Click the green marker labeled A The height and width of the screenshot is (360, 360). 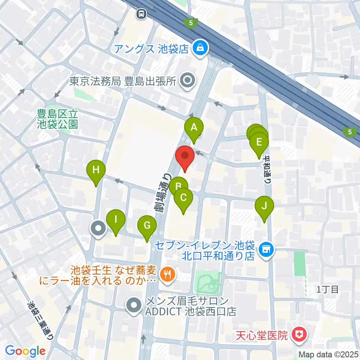point(194,128)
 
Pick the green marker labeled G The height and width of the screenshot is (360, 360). point(147,226)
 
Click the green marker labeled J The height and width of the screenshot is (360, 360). point(264,206)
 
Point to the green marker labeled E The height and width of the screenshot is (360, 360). point(259,142)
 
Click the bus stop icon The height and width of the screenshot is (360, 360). point(142,14)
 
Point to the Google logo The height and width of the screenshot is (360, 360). point(25,351)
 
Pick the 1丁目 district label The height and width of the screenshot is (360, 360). point(328,289)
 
